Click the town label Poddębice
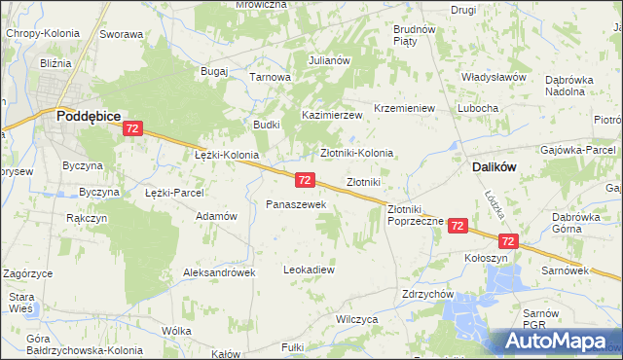click(88, 115)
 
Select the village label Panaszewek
click(302, 204)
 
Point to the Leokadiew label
click(309, 269)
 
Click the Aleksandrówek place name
click(219, 273)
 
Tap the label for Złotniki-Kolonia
click(357, 153)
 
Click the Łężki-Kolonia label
click(227, 155)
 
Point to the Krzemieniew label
click(404, 107)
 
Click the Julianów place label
click(329, 59)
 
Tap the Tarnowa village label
click(271, 77)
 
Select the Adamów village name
click(216, 216)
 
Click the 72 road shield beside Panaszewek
click(305, 180)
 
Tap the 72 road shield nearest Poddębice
click(133, 128)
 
